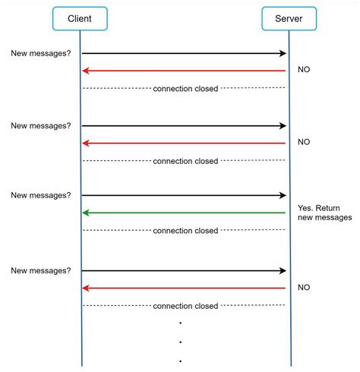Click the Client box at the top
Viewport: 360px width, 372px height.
tap(80, 18)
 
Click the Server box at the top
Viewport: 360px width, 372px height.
tap(289, 18)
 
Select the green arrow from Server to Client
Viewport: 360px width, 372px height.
tap(184, 213)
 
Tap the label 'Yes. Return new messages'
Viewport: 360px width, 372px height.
tap(325, 212)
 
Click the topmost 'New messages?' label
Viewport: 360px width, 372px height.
tap(41, 53)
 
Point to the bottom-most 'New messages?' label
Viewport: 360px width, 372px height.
tap(41, 270)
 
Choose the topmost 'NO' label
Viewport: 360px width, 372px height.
tap(304, 70)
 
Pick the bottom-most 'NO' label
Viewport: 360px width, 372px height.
tap(304, 288)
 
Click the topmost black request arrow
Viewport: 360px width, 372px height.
tap(184, 53)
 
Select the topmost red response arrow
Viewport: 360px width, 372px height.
tap(184, 71)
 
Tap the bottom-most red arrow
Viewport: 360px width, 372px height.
tap(184, 288)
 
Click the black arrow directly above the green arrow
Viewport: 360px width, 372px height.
tap(184, 195)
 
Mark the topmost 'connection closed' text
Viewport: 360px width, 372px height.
tap(185, 89)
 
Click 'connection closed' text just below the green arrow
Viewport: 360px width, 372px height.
tap(185, 231)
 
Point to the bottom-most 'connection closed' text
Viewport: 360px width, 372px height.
tap(185, 306)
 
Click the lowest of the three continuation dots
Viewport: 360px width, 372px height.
tap(180, 361)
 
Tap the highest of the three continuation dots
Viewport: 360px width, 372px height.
tap(180, 323)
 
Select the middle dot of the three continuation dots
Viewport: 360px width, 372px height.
tap(180, 342)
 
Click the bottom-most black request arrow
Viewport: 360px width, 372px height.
tap(184, 270)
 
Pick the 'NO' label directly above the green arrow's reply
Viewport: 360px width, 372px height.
tap(304, 142)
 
